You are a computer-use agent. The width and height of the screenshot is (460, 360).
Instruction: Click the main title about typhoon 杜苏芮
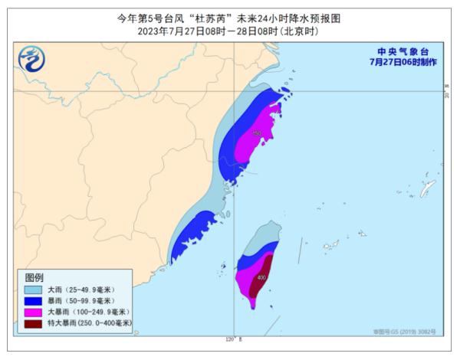coord(230,17)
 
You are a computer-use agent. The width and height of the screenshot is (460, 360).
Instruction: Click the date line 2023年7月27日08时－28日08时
coord(230,31)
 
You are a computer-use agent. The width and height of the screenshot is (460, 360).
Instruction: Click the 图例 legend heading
coord(35,277)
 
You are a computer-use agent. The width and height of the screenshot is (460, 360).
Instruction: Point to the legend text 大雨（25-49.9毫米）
coord(80,290)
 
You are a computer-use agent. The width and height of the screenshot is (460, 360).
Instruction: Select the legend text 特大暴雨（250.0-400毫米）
coord(90,324)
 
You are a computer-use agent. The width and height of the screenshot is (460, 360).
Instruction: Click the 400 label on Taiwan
coord(261,277)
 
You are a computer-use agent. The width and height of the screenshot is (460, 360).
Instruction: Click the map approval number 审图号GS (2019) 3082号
coord(404,332)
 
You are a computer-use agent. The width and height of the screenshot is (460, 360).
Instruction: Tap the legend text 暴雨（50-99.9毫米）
coord(80,301)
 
